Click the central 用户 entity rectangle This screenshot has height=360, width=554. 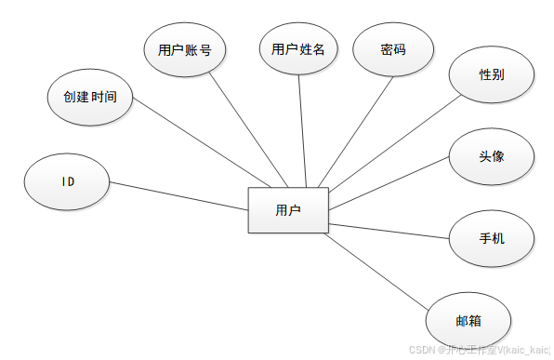coord(288,210)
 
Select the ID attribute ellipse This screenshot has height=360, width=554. coord(68,181)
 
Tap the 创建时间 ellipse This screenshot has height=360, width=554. coord(89,97)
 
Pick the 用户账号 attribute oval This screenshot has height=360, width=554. coord(184,49)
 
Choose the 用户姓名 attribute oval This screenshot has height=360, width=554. coord(298,49)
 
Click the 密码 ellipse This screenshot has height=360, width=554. coord(393,49)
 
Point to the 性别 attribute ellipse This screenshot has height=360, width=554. coord(492,73)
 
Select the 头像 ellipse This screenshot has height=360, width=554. coord(492,155)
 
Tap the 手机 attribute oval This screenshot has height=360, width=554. coord(492,238)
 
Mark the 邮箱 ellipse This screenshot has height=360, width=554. coord(468,320)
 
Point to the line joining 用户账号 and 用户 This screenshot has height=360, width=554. coord(246,129)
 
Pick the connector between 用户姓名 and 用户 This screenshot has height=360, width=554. coord(301,130)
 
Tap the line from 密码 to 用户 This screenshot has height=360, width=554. coord(354,130)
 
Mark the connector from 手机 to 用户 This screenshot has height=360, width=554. coord(390,230)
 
